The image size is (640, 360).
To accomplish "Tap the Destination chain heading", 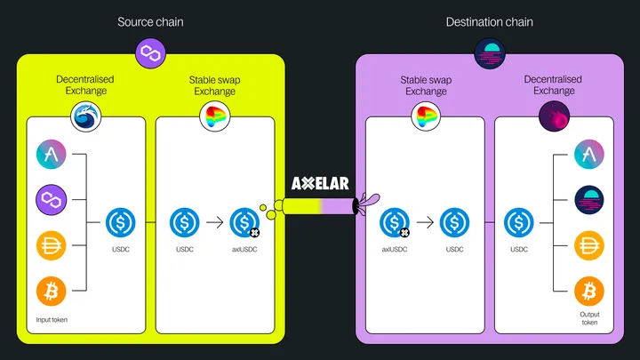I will point(490,20).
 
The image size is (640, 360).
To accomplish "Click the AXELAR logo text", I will point(320,184).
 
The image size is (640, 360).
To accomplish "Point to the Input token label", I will point(52,319).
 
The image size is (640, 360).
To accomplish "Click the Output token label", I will point(589,318).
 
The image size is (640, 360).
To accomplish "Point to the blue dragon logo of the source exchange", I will point(85,116).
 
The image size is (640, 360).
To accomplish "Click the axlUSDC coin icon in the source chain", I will point(244,221).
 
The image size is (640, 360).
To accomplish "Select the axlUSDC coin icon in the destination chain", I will point(394,221).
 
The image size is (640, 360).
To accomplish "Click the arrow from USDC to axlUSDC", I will point(214,221).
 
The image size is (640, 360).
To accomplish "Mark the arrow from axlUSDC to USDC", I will point(424,221).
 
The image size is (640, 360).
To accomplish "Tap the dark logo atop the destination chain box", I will point(490,54).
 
